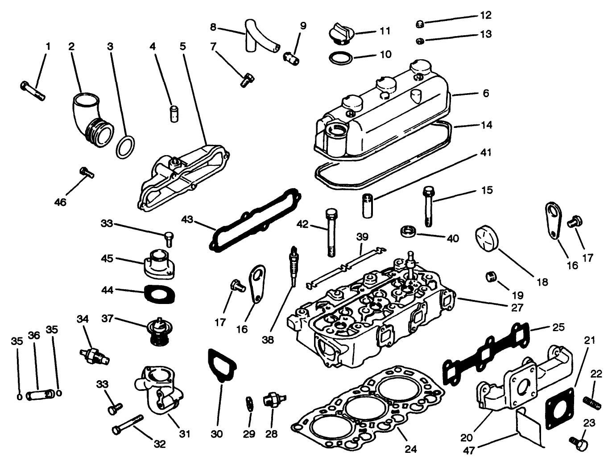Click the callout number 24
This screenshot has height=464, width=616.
(x=410, y=449)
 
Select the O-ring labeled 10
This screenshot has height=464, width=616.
(x=341, y=57)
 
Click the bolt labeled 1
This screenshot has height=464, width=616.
(x=33, y=91)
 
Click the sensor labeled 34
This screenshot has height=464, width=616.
(x=95, y=356)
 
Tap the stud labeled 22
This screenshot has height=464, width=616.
(x=592, y=403)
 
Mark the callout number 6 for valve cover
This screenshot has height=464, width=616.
(x=486, y=93)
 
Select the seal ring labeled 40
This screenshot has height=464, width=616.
(x=409, y=231)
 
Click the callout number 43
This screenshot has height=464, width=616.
(x=188, y=220)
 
